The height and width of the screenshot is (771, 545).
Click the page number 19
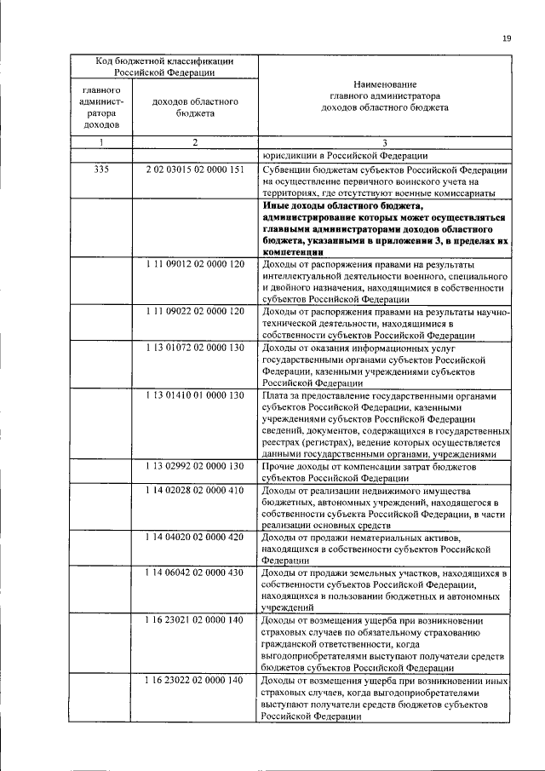point(507,37)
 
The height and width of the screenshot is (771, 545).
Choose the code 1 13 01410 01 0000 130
point(195,395)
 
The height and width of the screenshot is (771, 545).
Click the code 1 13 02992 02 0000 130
point(195,466)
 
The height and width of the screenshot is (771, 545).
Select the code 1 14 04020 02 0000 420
point(195,538)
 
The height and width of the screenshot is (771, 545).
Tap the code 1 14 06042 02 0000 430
point(195,573)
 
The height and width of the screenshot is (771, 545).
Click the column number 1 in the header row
point(101,142)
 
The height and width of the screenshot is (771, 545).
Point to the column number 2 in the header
point(195,142)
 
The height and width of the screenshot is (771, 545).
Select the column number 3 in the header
point(385,143)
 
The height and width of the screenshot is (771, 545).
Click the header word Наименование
point(385,84)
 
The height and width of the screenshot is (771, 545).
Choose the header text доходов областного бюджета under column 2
point(195,106)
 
